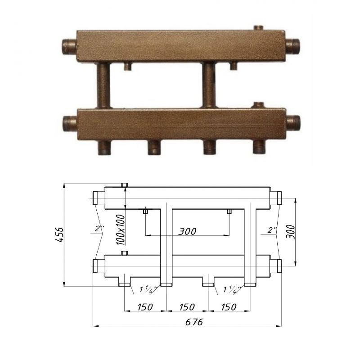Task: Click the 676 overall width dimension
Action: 194,322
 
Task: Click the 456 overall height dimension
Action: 59,235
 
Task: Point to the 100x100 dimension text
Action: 121,230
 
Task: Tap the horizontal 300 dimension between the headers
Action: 187,231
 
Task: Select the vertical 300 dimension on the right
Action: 291,232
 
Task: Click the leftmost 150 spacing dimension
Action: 145,307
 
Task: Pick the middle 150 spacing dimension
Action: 187,307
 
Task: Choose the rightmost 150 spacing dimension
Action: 229,307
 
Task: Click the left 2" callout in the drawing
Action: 99,229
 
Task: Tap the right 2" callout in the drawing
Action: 272,230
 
